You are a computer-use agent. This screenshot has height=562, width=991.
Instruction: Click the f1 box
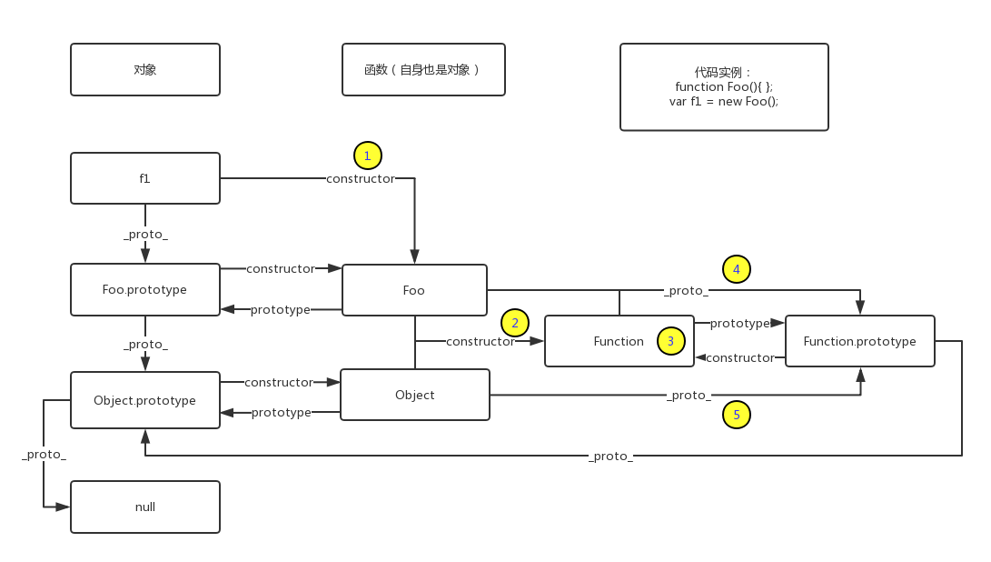point(145,178)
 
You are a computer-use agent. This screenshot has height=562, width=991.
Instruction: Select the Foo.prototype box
point(145,290)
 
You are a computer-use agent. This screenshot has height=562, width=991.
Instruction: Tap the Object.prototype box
point(145,400)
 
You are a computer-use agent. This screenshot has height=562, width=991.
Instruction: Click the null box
point(145,507)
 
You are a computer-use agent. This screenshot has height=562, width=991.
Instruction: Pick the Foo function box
point(414,290)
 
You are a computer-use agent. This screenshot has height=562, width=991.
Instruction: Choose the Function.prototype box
point(859,341)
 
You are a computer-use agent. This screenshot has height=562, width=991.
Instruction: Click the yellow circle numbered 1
point(367,156)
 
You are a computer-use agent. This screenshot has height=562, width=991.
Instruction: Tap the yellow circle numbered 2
point(515,322)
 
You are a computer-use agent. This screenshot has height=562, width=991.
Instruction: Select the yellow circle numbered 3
point(670,341)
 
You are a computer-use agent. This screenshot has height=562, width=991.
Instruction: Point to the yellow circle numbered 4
point(737,269)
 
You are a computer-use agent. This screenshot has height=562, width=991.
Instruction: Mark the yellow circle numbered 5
point(737,416)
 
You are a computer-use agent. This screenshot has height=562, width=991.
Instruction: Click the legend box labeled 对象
point(145,69)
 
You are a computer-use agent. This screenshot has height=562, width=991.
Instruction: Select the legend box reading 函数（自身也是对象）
point(423,69)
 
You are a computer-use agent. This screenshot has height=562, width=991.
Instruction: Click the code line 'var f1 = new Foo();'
point(724,101)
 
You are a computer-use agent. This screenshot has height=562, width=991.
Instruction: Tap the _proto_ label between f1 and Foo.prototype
point(146,235)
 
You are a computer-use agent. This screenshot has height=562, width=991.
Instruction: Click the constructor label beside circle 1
point(361,179)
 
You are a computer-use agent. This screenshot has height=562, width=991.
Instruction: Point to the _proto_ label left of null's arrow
point(45,454)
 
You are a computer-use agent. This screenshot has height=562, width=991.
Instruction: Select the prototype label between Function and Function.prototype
point(739,323)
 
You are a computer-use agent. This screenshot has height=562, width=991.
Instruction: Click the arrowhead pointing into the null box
point(63,507)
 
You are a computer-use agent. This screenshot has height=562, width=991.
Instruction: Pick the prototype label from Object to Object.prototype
point(282,412)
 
